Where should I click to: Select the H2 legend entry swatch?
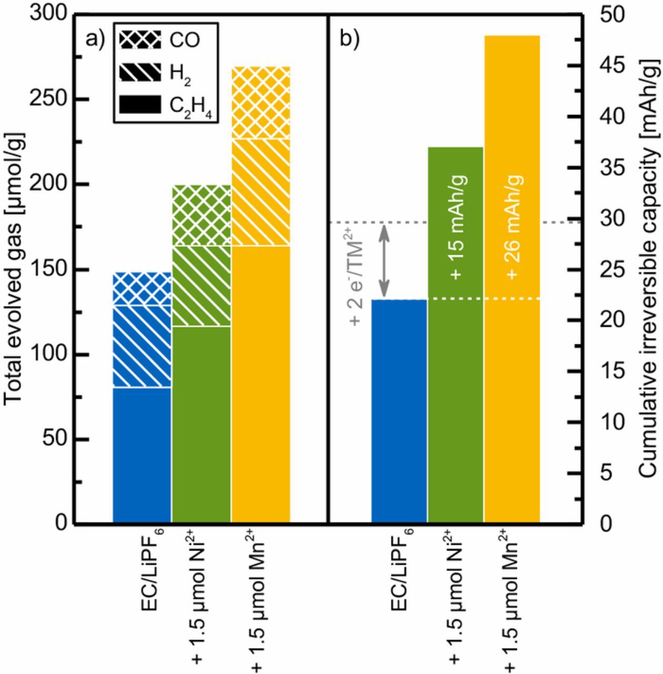click(139, 73)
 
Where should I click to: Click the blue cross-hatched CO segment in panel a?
click(142, 289)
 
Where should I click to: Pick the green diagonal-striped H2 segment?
click(202, 286)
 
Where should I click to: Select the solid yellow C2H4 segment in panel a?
click(261, 384)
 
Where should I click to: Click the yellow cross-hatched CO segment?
click(261, 103)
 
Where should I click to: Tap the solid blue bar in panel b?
click(399, 411)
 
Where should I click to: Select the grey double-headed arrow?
click(385, 260)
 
